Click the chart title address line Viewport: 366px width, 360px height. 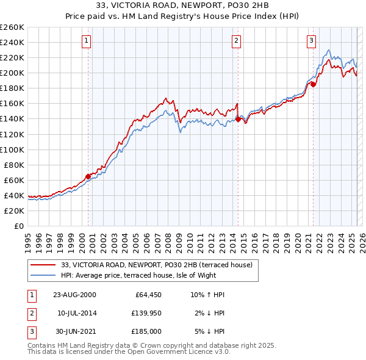pyautogui.click(x=182, y=6)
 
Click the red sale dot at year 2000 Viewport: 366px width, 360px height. pyautogui.click(x=88, y=176)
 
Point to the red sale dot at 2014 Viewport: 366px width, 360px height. pyautogui.click(x=238, y=119)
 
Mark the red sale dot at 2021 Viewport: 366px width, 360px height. pyautogui.click(x=313, y=84)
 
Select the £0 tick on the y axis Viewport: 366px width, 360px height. pyautogui.click(x=20, y=226)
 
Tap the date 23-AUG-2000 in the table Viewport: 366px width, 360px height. pyautogui.click(x=74, y=295)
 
